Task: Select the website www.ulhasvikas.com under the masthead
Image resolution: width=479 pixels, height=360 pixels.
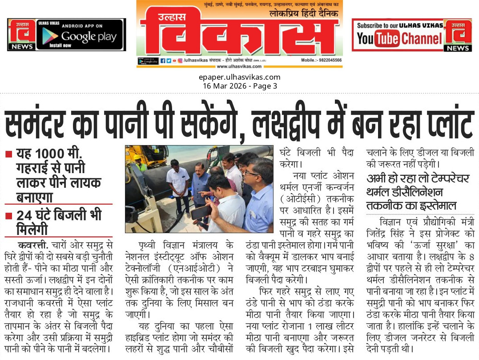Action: coord(239,66)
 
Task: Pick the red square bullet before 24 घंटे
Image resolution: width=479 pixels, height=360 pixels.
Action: coord(8,216)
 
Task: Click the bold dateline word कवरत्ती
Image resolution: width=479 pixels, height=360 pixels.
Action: coord(33,245)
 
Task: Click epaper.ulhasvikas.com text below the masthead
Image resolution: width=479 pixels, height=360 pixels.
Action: coord(239,77)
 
